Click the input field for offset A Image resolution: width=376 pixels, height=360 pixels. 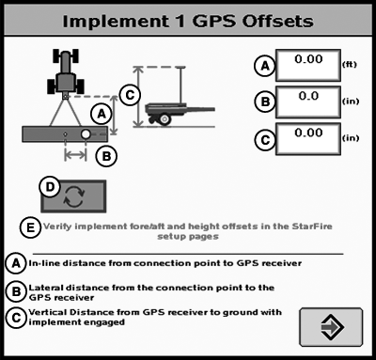[308, 65]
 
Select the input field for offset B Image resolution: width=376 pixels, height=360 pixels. [308, 102]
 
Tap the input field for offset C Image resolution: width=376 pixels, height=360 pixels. [308, 139]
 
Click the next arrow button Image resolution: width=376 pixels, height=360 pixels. [331, 327]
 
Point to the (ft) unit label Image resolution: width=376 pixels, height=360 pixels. [350, 65]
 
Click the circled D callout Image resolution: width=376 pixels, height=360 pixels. [50, 187]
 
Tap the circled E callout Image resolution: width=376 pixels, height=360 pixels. [30, 227]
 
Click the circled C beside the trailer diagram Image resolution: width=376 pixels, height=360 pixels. [130, 95]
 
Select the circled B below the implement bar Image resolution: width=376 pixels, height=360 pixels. [106, 156]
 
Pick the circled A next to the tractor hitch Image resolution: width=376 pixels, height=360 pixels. [102, 114]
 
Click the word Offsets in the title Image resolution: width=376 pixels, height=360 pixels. [277, 22]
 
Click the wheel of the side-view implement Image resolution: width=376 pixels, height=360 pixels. [164, 119]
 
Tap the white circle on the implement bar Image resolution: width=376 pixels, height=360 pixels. [86, 134]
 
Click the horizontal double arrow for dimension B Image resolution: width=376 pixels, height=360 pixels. [75, 154]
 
